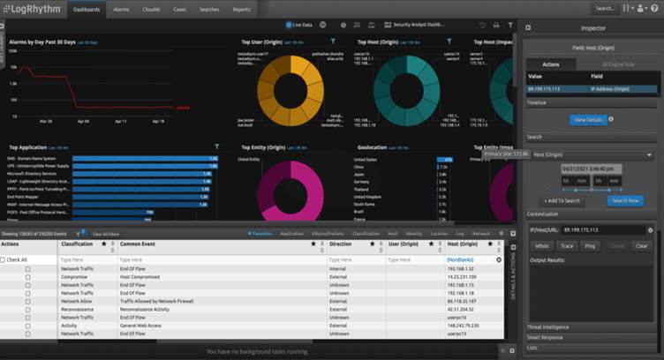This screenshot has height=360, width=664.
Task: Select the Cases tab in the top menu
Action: click(179, 9)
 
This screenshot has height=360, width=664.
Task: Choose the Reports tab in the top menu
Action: click(241, 9)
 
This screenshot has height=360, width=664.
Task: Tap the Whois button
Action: click(542, 246)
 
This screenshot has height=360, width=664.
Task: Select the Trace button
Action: click(568, 246)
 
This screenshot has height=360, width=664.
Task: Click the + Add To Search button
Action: click(561, 200)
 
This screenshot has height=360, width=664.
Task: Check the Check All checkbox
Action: click(4, 259)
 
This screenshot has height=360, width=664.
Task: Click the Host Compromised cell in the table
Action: click(140, 277)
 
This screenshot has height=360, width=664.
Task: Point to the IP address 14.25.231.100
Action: click(464, 277)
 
